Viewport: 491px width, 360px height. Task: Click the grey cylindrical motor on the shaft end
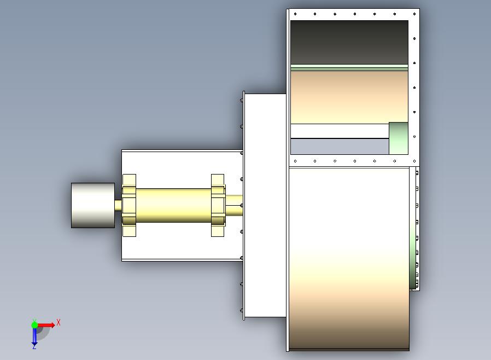[93, 205]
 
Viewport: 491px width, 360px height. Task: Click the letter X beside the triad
[59, 322]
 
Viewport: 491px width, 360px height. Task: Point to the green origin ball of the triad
[34, 324]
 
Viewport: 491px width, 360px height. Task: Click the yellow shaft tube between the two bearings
[173, 205]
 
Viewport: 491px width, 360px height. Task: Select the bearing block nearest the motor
[129, 205]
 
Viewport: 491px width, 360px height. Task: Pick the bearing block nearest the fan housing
[218, 205]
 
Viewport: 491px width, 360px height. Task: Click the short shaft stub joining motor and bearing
[118, 205]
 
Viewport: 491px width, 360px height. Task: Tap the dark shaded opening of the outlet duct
[349, 42]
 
